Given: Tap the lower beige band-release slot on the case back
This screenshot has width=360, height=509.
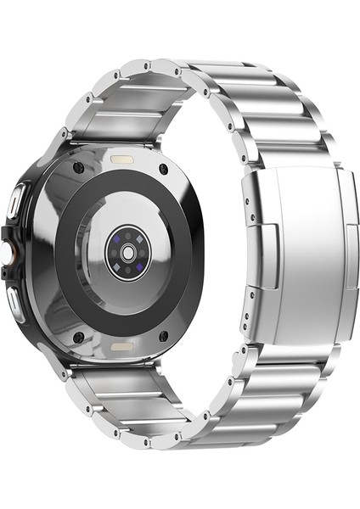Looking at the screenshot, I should click(x=124, y=347).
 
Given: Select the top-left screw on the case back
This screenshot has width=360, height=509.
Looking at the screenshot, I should click(x=79, y=168).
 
